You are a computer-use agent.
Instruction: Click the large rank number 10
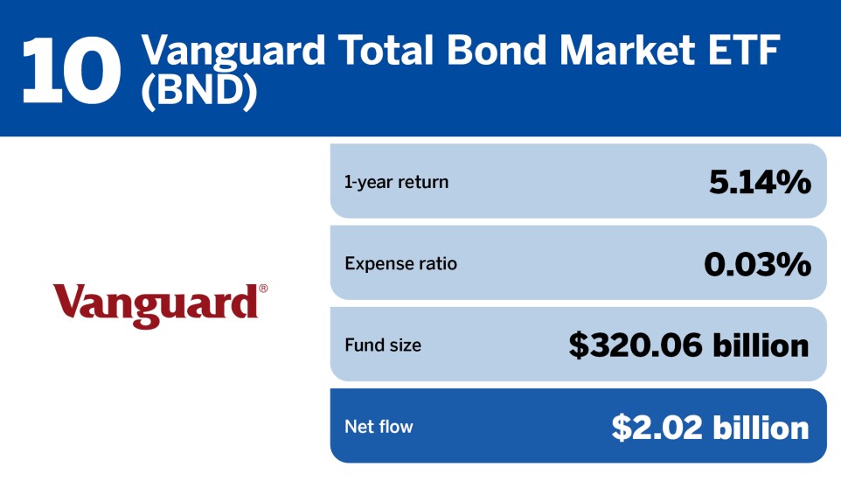[x=71, y=71]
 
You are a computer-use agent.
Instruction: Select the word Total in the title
[x=386, y=50]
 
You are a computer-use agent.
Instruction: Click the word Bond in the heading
[x=497, y=50]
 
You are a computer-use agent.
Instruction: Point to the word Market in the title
[x=627, y=50]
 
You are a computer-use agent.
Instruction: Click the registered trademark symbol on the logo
[x=263, y=289]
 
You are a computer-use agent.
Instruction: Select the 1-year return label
[x=396, y=182]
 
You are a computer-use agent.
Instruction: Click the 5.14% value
[x=760, y=182]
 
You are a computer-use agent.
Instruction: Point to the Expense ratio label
[x=400, y=263]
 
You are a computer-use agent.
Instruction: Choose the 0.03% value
[x=757, y=264]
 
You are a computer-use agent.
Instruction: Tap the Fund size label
[x=383, y=345]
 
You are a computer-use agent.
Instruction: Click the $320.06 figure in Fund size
[x=636, y=345]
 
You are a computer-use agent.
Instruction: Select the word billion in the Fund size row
[x=761, y=345]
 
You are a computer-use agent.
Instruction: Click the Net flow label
[x=379, y=426]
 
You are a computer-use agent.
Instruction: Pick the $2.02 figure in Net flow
[x=657, y=428]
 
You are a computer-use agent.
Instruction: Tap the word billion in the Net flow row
[x=761, y=428]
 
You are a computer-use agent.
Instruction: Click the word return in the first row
[x=423, y=182]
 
